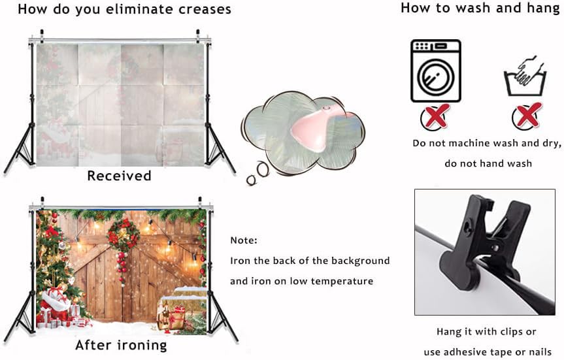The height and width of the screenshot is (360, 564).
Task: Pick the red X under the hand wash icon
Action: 526,116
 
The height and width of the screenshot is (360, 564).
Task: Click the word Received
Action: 119,176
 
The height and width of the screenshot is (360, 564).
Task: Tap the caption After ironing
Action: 121,345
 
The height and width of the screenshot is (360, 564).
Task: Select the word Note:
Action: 244,240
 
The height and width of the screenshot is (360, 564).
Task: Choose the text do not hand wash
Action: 488,163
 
